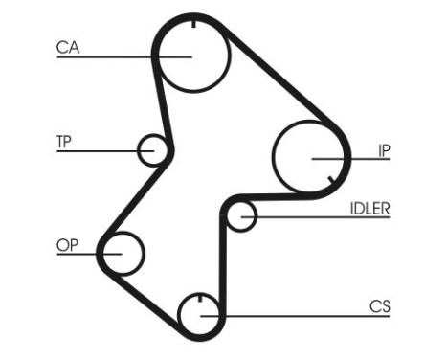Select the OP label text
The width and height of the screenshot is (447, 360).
point(67,245)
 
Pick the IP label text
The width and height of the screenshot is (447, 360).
point(383,149)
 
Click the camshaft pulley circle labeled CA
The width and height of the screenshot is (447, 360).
point(192,54)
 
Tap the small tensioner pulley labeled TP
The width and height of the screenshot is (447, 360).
point(153,149)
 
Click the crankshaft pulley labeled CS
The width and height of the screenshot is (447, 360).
point(201,315)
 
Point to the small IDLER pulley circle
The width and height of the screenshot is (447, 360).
point(241,216)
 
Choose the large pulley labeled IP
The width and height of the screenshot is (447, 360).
point(308,157)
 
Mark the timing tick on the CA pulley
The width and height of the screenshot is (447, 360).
point(192,25)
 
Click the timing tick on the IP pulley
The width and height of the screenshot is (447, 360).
point(329,180)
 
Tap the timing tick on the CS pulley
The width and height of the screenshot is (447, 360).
point(201,302)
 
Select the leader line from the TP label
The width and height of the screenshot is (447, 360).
point(105,151)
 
